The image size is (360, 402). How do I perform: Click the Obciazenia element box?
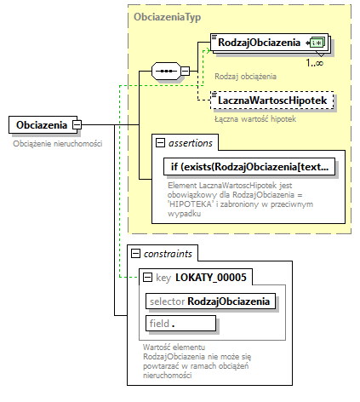[x=39, y=126]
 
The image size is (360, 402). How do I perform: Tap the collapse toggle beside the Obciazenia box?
[x=77, y=126]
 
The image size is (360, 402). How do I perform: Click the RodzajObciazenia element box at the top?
[x=259, y=43]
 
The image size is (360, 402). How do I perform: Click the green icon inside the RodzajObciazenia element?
[x=317, y=43]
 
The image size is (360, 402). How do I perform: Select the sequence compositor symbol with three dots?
[x=163, y=69]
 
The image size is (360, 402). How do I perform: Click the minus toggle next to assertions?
[x=159, y=142]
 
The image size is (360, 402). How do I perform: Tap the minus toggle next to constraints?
[x=136, y=253]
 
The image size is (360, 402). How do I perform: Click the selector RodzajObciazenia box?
[x=213, y=301]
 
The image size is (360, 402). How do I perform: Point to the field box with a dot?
[x=164, y=324]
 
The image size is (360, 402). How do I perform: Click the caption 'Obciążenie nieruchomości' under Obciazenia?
[x=58, y=144]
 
